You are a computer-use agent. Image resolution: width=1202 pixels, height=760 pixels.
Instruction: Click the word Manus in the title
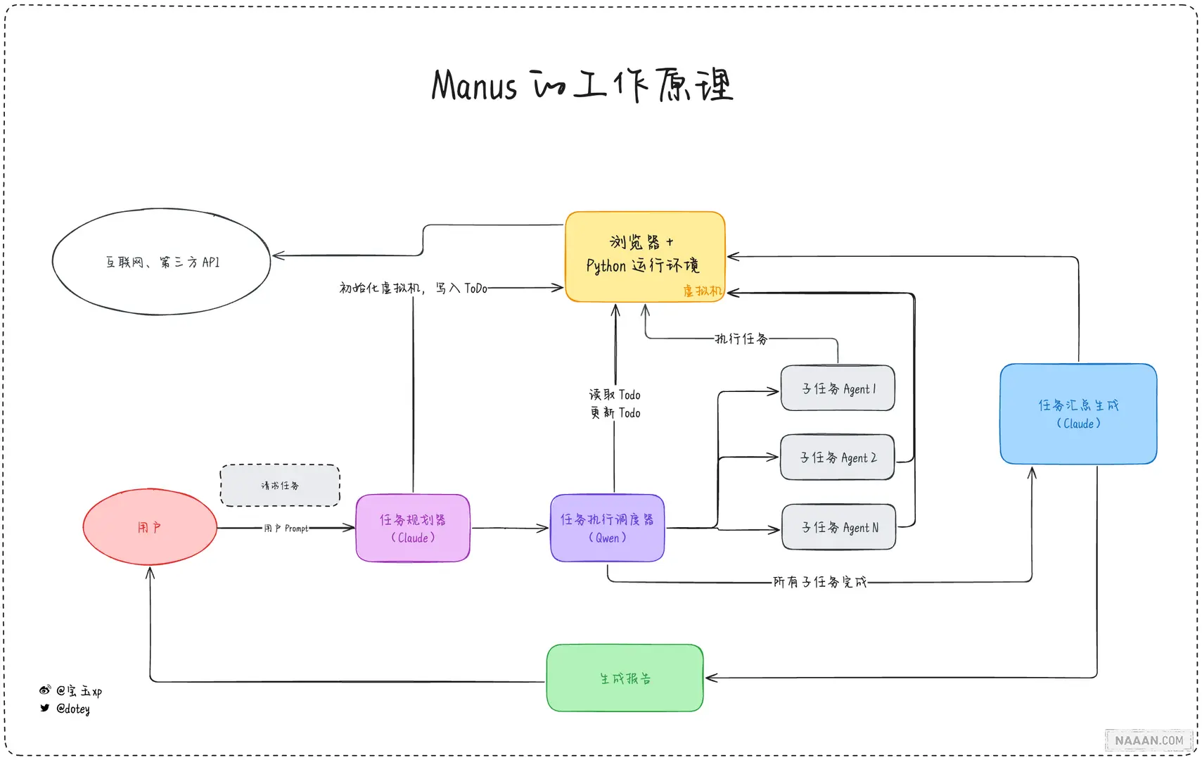pos(474,86)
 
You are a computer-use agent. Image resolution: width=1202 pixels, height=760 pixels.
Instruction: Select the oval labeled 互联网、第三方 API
pos(162,262)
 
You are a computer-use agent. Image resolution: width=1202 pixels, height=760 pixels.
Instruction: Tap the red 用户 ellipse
pos(150,527)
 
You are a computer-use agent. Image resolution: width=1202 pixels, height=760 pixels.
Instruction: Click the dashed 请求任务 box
pos(280,486)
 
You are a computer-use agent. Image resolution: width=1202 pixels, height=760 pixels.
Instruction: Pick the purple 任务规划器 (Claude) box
pos(413,528)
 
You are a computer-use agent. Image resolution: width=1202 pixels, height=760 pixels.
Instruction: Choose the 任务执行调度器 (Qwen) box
pos(607,528)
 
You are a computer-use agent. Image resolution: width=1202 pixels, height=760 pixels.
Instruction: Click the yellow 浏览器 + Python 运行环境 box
pos(644,255)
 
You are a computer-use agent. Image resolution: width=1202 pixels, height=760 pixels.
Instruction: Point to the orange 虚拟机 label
pos(702,291)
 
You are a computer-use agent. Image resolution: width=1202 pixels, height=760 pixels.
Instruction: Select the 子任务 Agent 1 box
pos(838,388)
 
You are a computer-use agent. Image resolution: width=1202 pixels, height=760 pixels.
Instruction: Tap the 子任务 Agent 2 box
pos(837,457)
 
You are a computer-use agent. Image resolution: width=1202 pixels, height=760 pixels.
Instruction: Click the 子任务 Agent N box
pos(839,527)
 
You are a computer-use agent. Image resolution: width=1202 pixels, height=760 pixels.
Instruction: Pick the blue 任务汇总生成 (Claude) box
pos(1078,414)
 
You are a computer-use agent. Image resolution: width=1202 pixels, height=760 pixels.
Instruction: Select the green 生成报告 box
pos(625,678)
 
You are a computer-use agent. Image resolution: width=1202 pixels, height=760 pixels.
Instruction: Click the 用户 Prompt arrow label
pos(286,528)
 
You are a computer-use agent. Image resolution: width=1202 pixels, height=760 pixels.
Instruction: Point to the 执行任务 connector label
pos(741,339)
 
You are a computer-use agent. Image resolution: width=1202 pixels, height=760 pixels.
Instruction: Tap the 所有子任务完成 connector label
pos(819,582)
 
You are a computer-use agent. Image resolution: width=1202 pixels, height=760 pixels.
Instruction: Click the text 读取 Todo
pos(615,395)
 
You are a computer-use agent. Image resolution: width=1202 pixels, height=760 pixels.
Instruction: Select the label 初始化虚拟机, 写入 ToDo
pos(413,288)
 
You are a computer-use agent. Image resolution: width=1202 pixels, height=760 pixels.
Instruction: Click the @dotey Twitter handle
pos(72,709)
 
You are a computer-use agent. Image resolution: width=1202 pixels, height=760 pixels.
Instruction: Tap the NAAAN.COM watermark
pos(1149,740)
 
